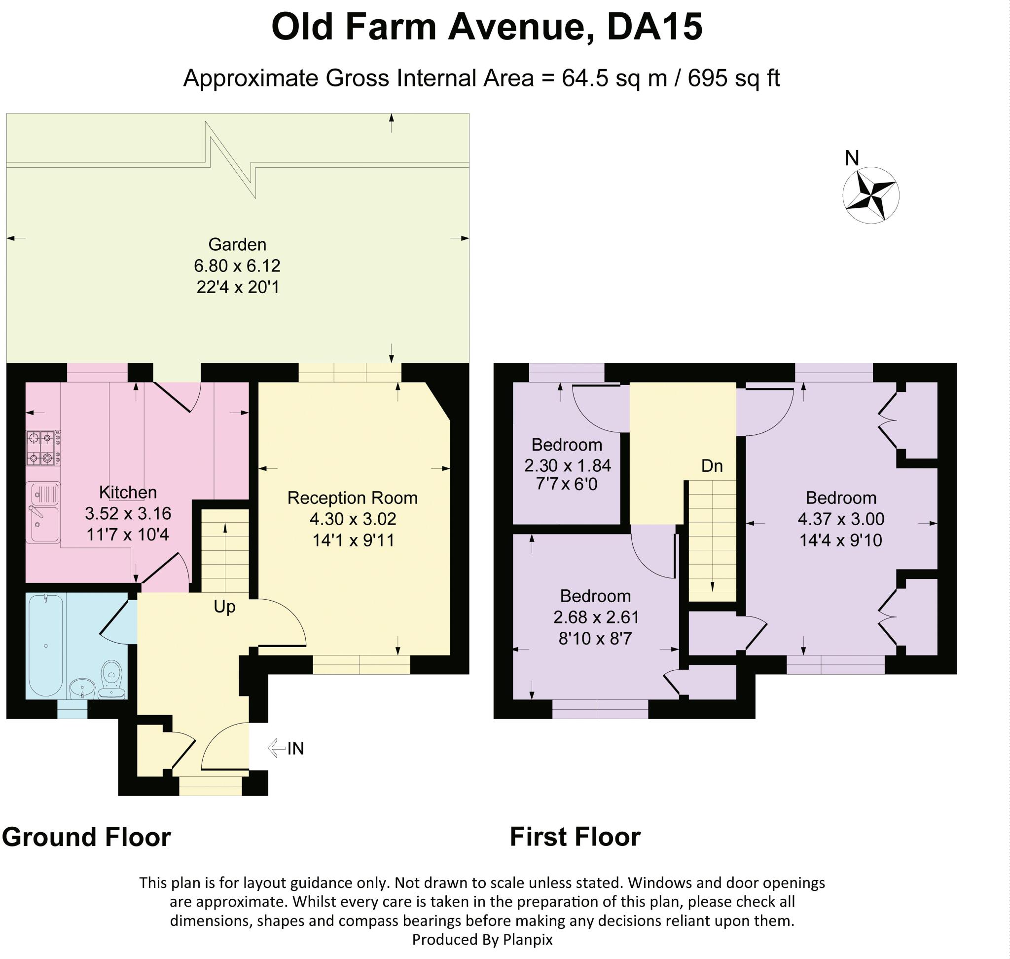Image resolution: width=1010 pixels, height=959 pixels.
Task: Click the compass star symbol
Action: [x=870, y=195]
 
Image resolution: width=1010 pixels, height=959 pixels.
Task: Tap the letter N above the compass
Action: [x=852, y=158]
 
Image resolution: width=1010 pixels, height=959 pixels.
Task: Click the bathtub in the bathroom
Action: [x=46, y=645]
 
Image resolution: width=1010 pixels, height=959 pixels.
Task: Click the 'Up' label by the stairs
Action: [x=224, y=607]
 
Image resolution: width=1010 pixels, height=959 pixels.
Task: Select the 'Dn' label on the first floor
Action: [x=712, y=466]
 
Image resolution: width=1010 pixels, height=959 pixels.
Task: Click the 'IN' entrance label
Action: [x=296, y=748]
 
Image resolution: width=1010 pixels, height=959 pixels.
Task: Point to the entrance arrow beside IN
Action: [x=276, y=748]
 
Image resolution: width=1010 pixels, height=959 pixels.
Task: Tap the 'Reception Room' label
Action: [x=353, y=498]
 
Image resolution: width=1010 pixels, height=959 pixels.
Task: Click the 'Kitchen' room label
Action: [x=128, y=492]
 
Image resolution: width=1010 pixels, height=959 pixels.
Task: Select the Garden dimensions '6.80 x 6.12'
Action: [x=237, y=266]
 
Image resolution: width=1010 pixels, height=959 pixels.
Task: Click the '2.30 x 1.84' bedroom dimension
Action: [x=568, y=465]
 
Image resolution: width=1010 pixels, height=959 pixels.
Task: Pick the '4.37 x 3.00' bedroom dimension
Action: [x=841, y=519]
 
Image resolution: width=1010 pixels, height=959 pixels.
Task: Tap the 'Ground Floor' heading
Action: [x=86, y=837]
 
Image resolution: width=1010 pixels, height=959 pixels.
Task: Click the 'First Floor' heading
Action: [x=575, y=837]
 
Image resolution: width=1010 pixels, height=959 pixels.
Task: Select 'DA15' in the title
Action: [x=655, y=27]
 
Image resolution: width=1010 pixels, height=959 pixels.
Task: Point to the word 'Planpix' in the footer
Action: [x=528, y=940]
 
